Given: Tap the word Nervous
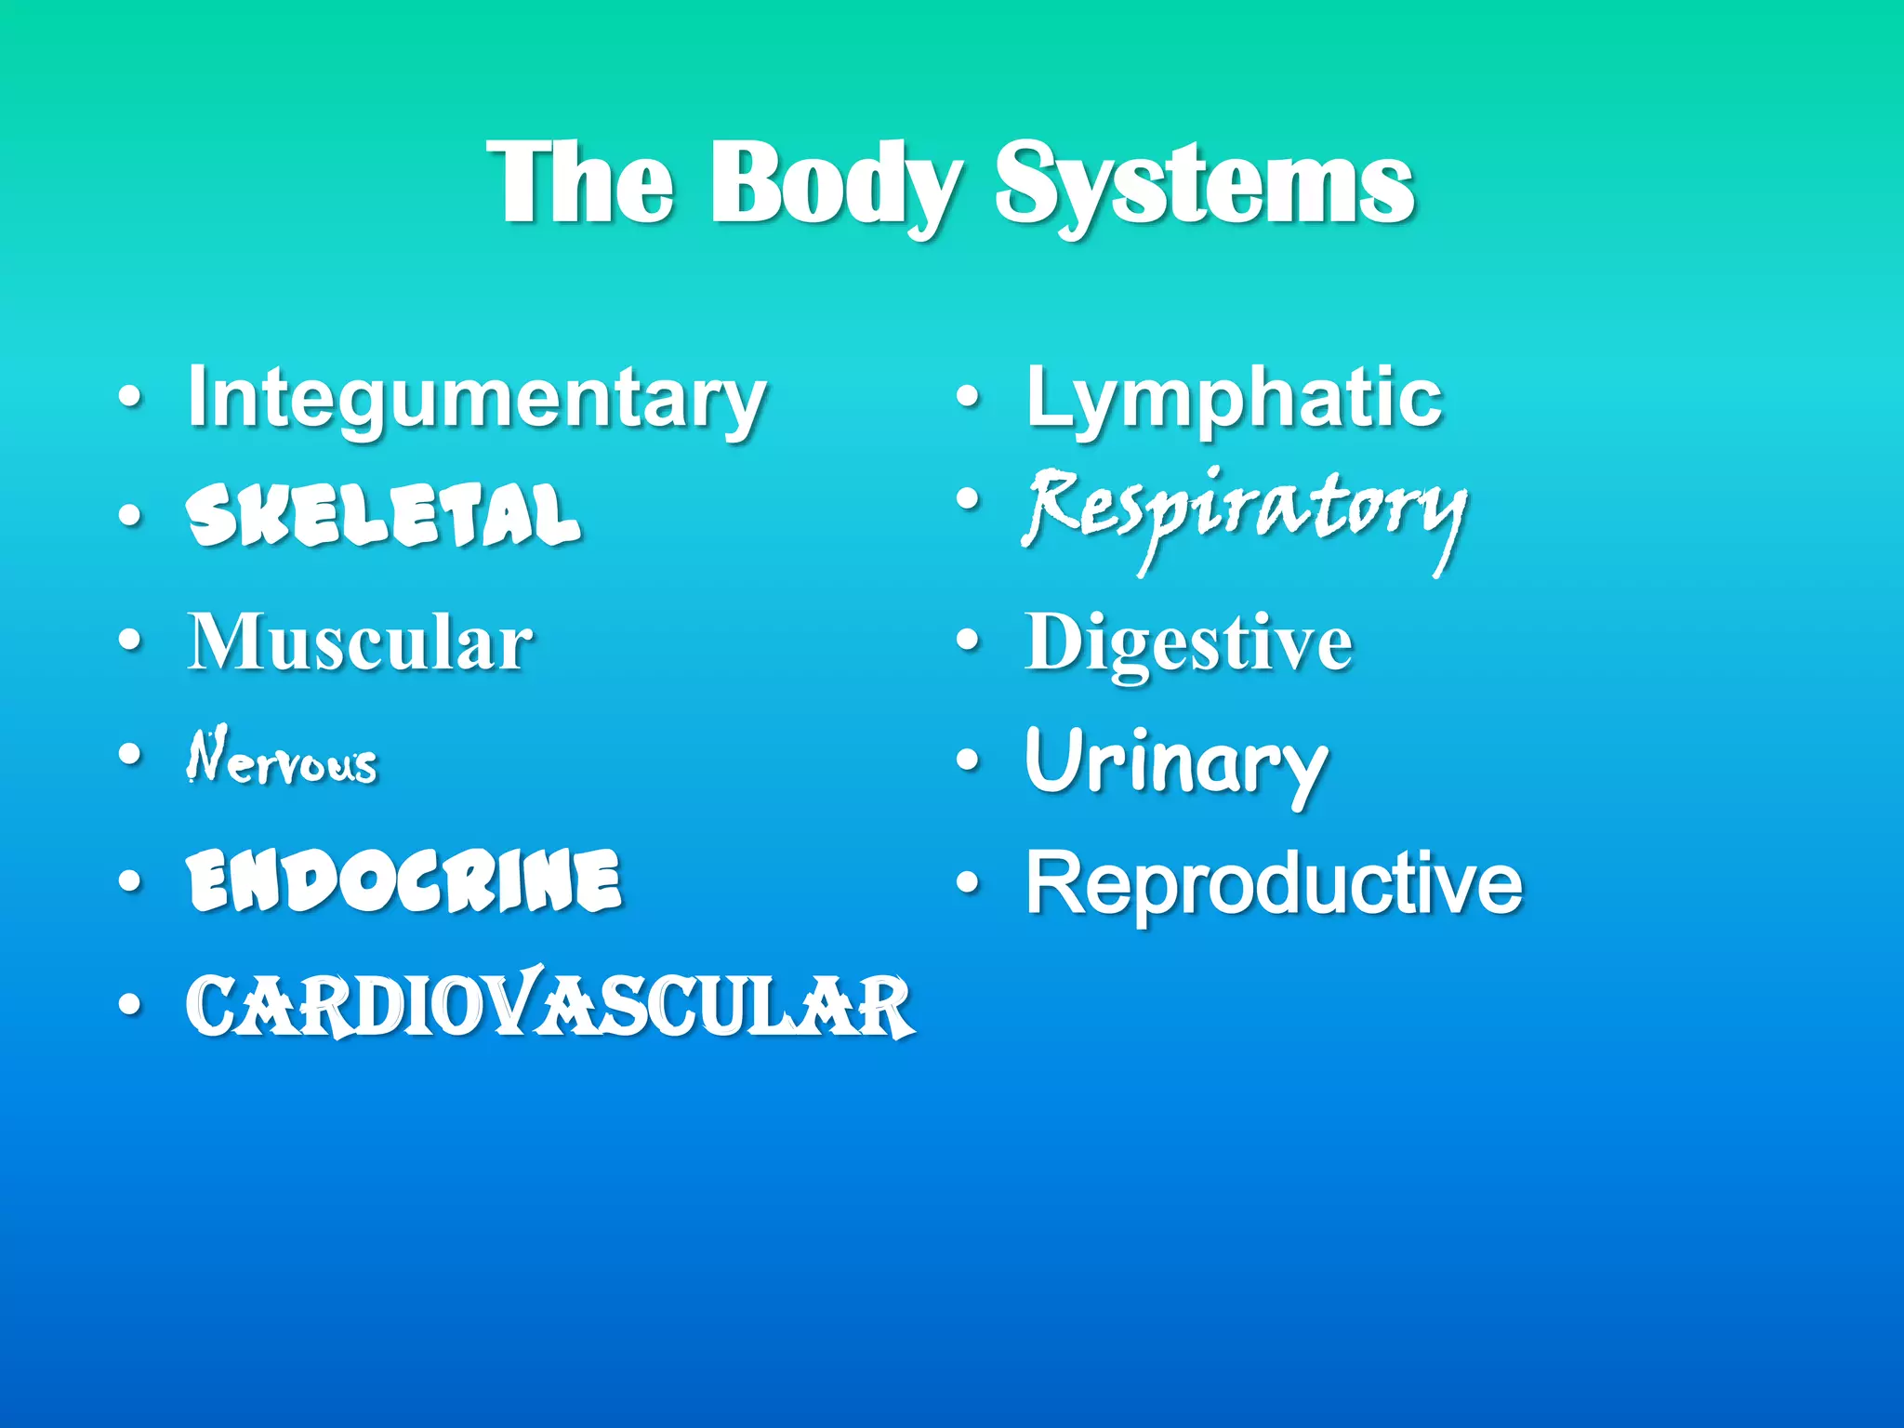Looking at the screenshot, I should point(282,758).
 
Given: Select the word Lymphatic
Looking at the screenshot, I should point(1234,398).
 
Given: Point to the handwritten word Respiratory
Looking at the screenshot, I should point(1244,512).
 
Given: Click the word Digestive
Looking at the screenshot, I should point(1188,643).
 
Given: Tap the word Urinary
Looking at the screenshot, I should point(1176,762).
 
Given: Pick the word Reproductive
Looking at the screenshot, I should point(1274,884).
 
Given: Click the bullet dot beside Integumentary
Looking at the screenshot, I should point(131,399).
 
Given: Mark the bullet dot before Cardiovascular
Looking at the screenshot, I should point(131,1004).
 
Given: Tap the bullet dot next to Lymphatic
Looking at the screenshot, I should point(969,399).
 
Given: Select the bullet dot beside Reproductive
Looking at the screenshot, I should point(969,882).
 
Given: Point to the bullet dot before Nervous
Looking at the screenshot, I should point(131,754).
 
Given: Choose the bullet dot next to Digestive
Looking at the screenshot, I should point(969,641).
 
